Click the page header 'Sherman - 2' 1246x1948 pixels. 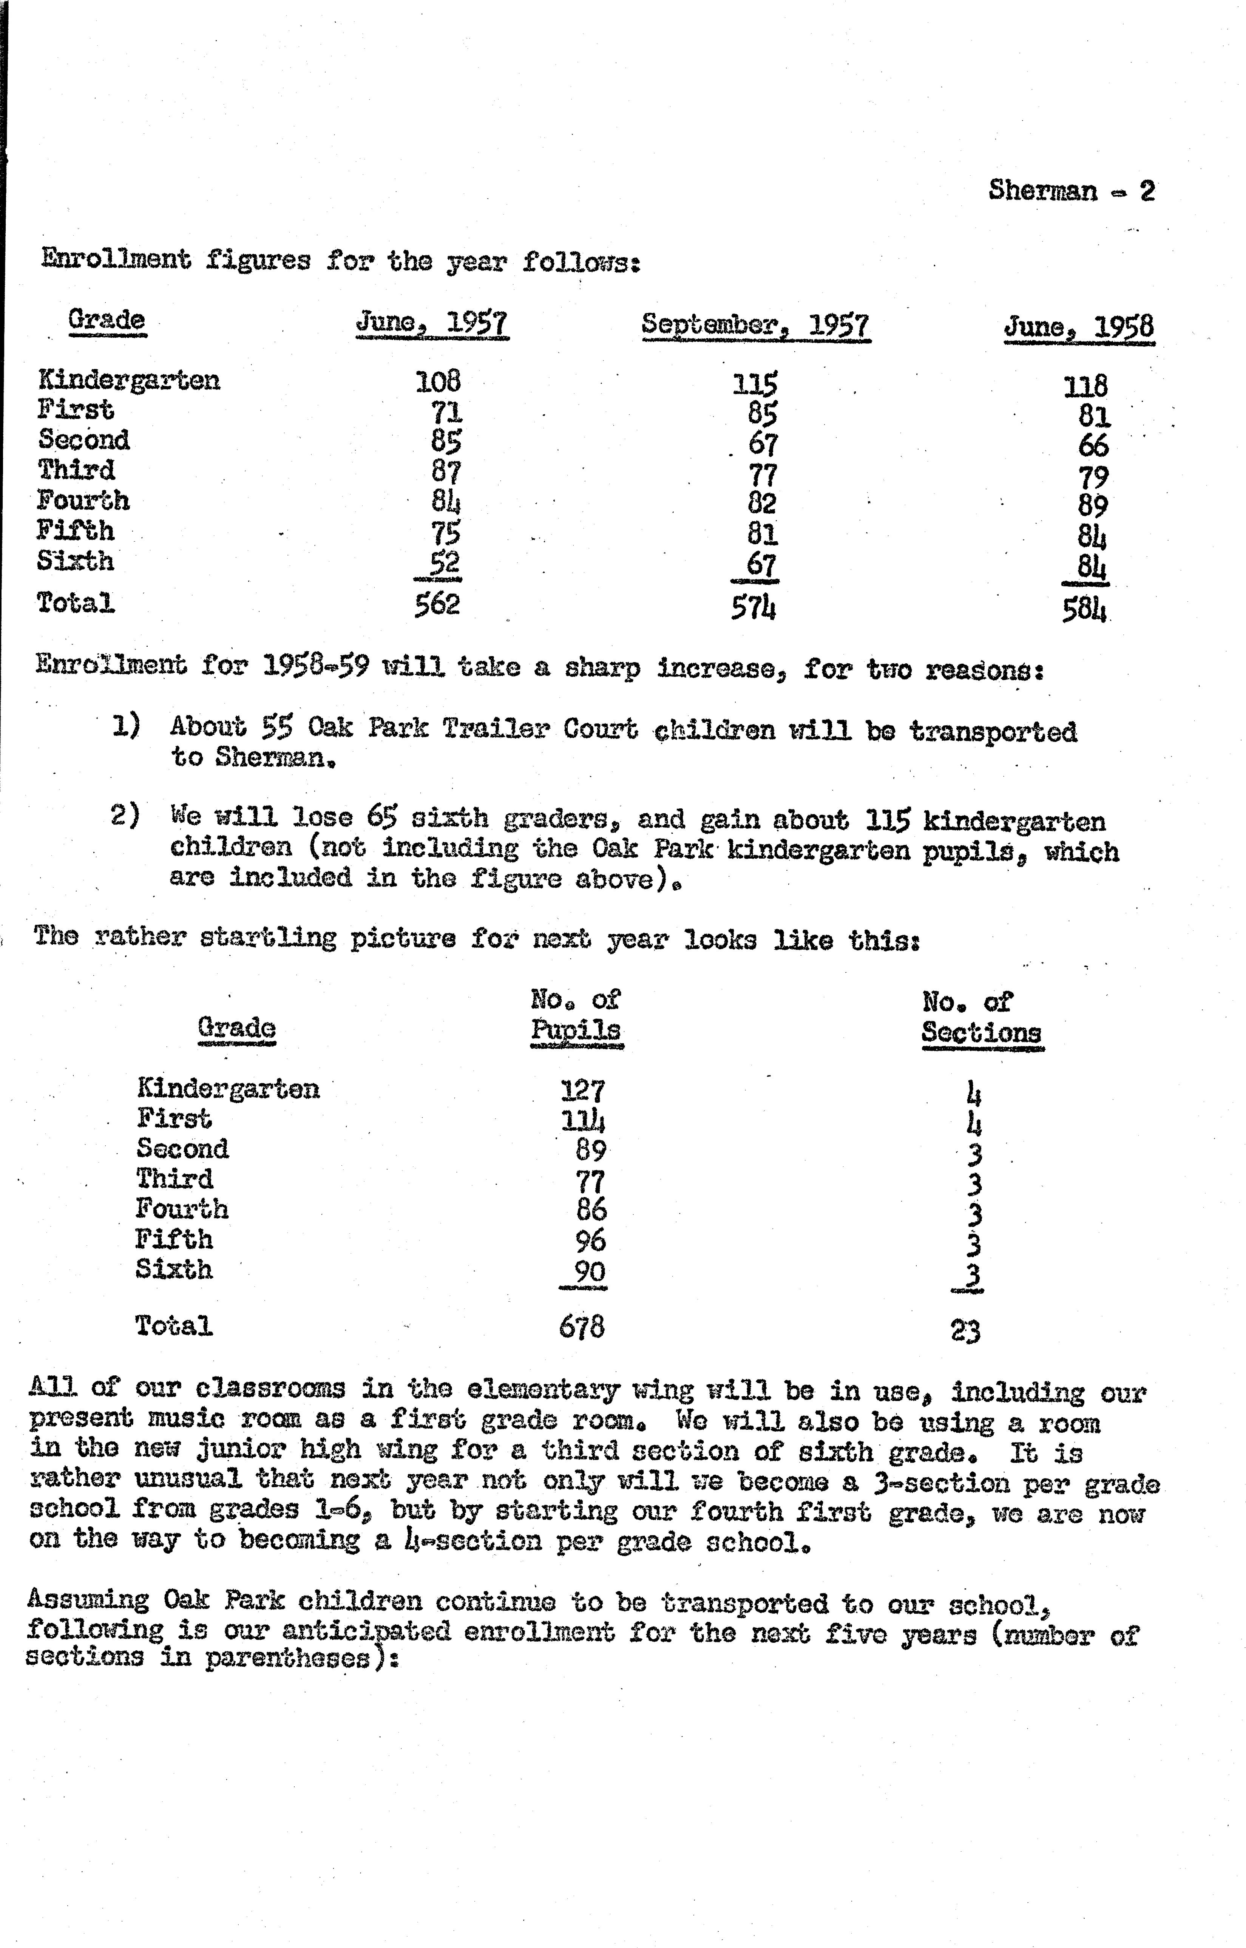click(x=1071, y=191)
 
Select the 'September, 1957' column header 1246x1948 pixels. click(x=756, y=325)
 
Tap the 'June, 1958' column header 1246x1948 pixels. click(x=1079, y=327)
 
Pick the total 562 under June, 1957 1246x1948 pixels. click(x=437, y=604)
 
